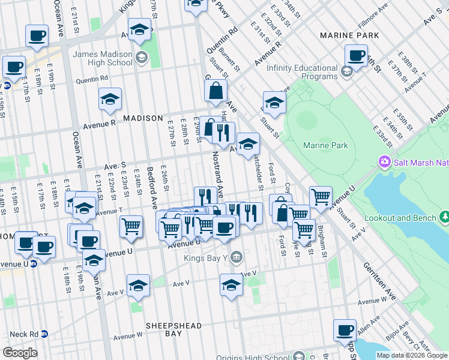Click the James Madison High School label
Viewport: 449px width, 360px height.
[102, 58]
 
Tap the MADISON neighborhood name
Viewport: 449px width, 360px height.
[143, 118]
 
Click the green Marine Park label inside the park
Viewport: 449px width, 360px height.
[325, 145]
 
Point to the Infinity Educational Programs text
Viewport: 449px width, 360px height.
[302, 72]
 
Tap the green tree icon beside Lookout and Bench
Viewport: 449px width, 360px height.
[445, 216]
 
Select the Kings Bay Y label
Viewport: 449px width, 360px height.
[206, 257]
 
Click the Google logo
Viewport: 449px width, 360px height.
[20, 353]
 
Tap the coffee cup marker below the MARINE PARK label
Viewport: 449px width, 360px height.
[356, 57]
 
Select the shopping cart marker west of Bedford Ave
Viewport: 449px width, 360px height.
[131, 227]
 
